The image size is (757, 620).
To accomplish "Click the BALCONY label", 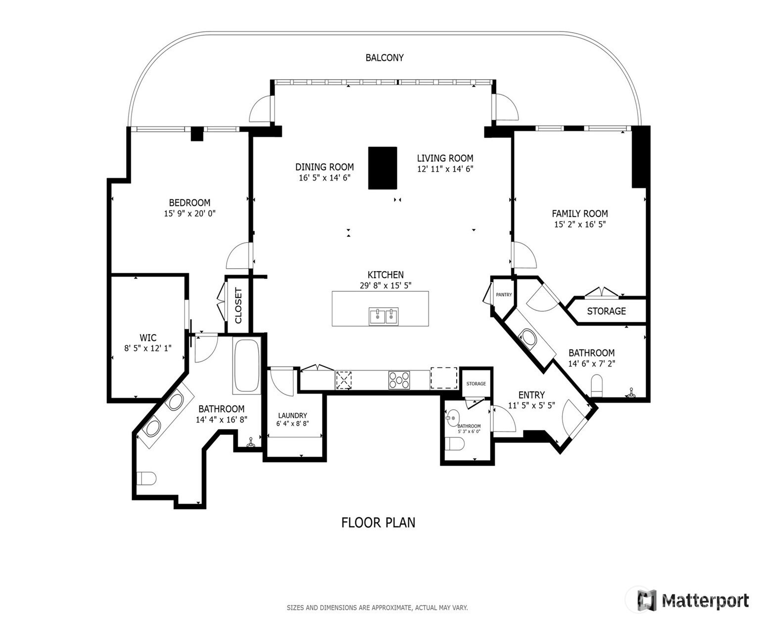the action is (x=384, y=58).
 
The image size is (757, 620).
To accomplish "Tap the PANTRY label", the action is (x=504, y=295).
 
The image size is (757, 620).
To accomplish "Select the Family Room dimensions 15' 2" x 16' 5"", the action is (x=580, y=224).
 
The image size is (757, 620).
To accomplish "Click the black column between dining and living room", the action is (x=382, y=168).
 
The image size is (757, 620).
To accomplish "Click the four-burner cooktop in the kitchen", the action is (x=399, y=380).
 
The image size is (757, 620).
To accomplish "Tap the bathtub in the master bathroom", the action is (x=246, y=366).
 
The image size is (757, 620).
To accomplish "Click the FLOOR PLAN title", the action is (x=378, y=523).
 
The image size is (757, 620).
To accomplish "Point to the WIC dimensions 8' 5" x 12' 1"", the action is (x=148, y=348).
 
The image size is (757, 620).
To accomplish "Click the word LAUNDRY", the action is (x=292, y=415).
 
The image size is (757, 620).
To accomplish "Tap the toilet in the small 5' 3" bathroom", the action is (x=454, y=444).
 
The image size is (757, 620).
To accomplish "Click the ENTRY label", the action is (x=531, y=395).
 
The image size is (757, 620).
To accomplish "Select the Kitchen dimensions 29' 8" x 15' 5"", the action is (x=385, y=286).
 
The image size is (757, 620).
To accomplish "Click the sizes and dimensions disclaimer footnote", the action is (x=377, y=608).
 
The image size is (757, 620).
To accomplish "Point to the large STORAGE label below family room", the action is (x=606, y=311).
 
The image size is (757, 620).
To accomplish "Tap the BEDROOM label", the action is (x=189, y=203).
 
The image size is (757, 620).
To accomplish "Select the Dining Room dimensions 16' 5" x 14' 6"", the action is (x=325, y=178).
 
